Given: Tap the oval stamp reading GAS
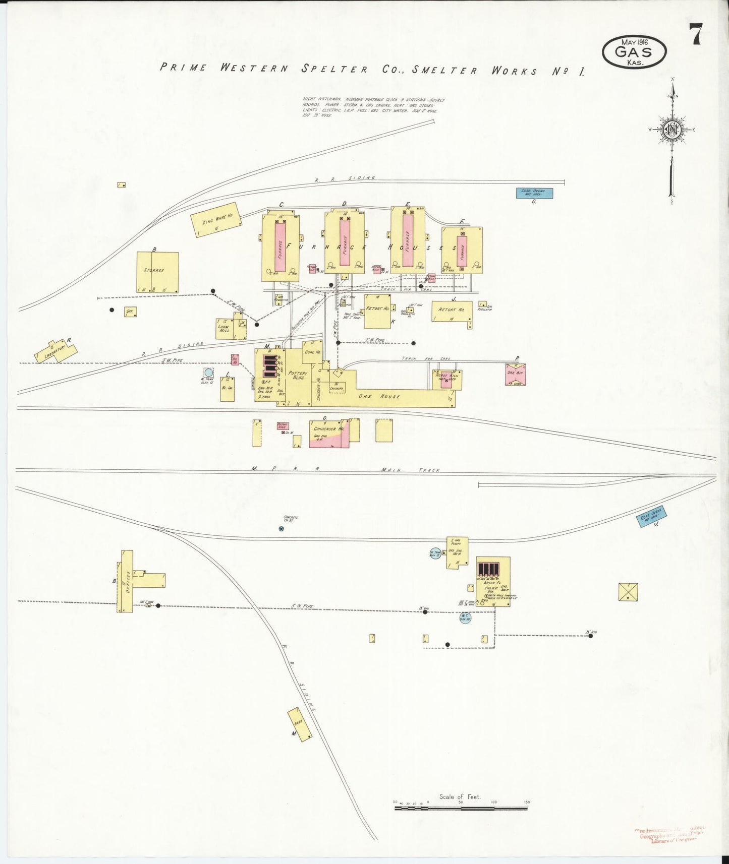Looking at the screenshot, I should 634,52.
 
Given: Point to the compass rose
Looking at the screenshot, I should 672,130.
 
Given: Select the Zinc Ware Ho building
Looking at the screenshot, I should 216,219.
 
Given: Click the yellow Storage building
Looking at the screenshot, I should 157,272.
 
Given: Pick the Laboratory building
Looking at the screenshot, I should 55,350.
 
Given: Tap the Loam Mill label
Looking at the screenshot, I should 223,328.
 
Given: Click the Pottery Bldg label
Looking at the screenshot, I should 298,376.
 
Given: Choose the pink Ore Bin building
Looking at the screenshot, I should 516,375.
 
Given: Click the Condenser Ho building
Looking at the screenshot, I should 329,433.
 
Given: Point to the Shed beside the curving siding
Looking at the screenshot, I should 299,724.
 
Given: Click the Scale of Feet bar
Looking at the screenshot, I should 461,808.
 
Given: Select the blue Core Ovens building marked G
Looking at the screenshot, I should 534,193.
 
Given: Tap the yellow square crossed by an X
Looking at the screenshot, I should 628,592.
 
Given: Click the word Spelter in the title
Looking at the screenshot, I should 334,69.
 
